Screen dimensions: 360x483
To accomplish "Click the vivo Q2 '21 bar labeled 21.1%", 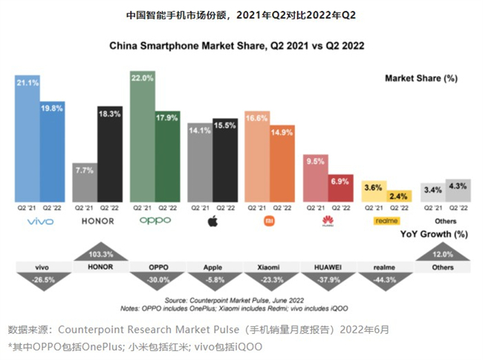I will [x=27, y=138].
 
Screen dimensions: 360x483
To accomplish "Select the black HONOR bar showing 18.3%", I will [x=109, y=152].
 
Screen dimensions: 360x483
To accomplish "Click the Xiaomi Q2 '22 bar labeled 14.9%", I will [x=282, y=161].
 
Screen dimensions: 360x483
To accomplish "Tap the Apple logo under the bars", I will [x=212, y=221].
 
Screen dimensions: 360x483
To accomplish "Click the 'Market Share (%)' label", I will [x=421, y=79].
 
